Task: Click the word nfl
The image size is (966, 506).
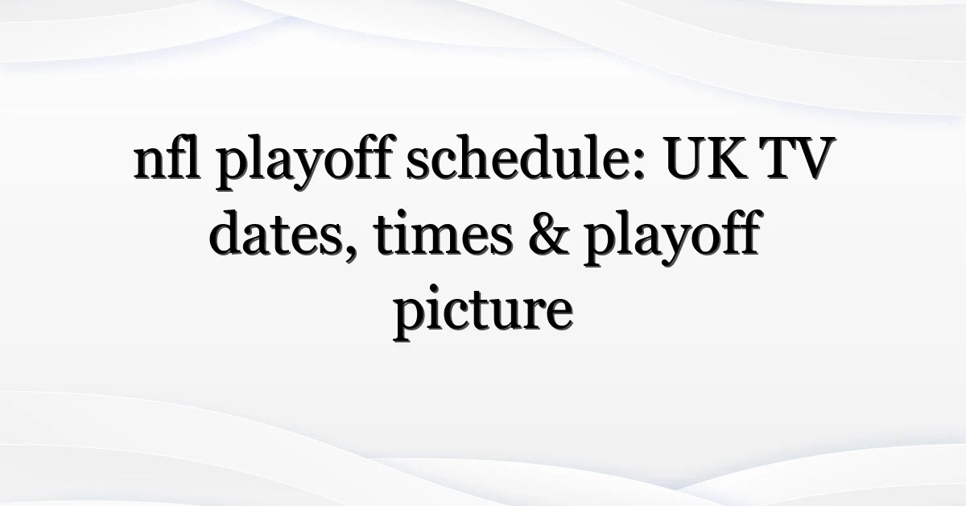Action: (x=167, y=156)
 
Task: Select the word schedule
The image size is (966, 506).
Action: (x=525, y=157)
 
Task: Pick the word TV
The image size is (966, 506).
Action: (x=797, y=159)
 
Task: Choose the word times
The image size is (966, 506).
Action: (x=444, y=233)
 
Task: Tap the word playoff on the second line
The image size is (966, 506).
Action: (x=671, y=238)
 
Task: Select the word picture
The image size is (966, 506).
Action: (x=483, y=312)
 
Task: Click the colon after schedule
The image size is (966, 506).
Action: (x=638, y=164)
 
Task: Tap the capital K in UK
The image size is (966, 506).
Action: (x=727, y=159)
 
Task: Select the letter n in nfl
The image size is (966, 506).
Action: (x=151, y=164)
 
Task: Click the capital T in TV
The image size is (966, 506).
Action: (x=775, y=159)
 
